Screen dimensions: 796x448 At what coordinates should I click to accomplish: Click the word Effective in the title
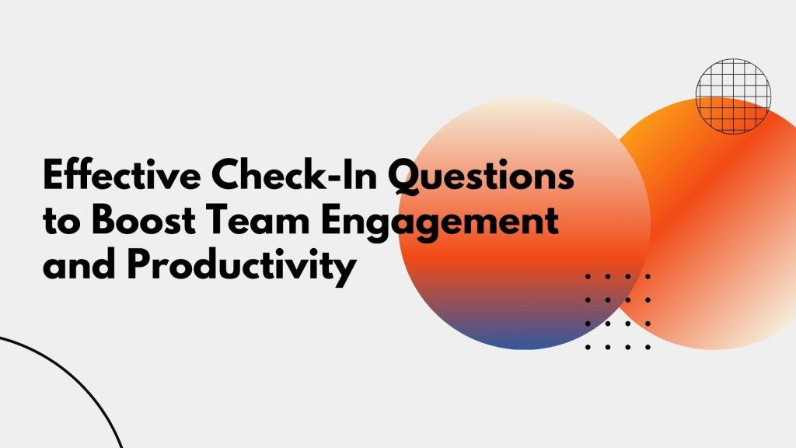point(122,174)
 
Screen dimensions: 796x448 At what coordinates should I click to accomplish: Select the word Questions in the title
point(481,177)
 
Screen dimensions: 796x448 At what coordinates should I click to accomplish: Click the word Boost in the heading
point(144,220)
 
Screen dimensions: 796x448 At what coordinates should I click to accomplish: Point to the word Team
point(257,220)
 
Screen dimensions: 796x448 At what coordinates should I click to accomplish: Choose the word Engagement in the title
point(440,223)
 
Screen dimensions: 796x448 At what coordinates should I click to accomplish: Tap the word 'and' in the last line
point(79,265)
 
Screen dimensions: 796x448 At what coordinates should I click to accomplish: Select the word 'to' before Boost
point(61,222)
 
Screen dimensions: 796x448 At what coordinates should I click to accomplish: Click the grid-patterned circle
point(733,96)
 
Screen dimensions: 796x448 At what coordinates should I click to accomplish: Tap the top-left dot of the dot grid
point(588,277)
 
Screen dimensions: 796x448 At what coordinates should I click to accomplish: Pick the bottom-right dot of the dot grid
point(648,347)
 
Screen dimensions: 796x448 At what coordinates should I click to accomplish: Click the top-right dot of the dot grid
point(648,277)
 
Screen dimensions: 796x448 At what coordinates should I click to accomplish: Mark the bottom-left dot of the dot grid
point(588,347)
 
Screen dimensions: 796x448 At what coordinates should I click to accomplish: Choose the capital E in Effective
point(54,174)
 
